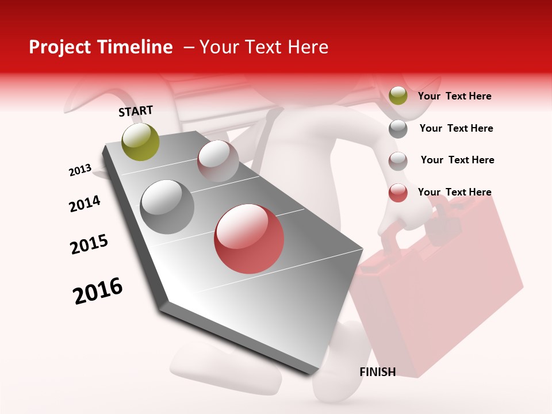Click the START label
coord(136,111)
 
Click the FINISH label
coord(377,372)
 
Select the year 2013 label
coord(80,170)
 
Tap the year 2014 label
coord(85,204)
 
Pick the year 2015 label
coord(89,244)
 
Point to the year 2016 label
coord(98,290)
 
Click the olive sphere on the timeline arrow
coord(140,141)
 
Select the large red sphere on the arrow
coord(249,239)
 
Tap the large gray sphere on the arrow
coord(167,207)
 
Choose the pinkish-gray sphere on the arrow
coord(218,161)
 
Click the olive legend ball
coord(398,95)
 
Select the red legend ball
coord(398,193)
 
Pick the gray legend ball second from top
coord(398,129)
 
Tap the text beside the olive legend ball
coord(454,96)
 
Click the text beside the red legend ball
coord(454,192)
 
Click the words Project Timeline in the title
coord(101,47)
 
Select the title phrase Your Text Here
coord(264,47)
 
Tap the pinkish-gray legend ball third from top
coord(398,161)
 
